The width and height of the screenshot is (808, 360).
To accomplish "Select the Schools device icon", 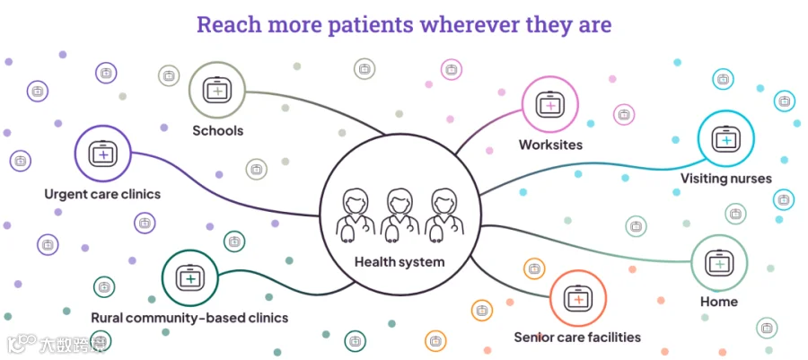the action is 217,90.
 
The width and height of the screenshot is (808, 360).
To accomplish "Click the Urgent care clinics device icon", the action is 103,153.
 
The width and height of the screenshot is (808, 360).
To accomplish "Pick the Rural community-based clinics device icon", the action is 190,277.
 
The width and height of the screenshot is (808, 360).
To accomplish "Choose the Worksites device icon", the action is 549,104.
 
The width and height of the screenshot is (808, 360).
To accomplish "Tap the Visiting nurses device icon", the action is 726,138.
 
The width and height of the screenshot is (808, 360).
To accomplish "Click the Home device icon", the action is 719,263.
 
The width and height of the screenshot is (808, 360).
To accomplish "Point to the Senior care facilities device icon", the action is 577,298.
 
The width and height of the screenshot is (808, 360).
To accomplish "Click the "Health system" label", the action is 400,261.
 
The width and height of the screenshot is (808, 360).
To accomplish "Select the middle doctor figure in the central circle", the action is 399,215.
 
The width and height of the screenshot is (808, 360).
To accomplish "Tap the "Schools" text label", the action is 218,130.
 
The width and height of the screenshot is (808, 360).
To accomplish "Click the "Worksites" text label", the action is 551,145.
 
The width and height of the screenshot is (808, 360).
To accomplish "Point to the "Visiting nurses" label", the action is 726,179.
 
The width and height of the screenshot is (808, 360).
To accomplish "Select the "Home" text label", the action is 719,302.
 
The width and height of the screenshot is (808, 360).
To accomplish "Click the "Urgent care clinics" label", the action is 102,195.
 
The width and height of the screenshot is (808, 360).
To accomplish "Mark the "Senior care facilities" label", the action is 577,338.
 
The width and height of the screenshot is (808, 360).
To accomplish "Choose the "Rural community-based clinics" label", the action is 189,318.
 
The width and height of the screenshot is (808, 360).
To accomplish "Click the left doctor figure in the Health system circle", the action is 355,215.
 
